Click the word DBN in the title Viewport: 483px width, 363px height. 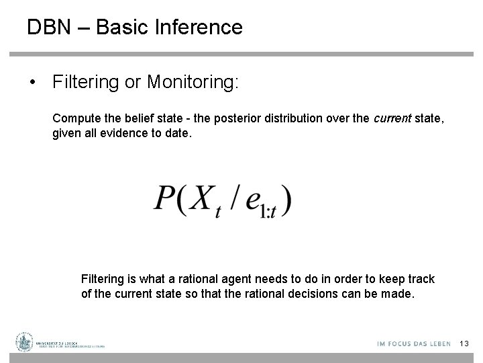(x=48, y=27)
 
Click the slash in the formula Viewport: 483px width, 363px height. (x=231, y=198)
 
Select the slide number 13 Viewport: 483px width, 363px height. (x=463, y=344)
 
